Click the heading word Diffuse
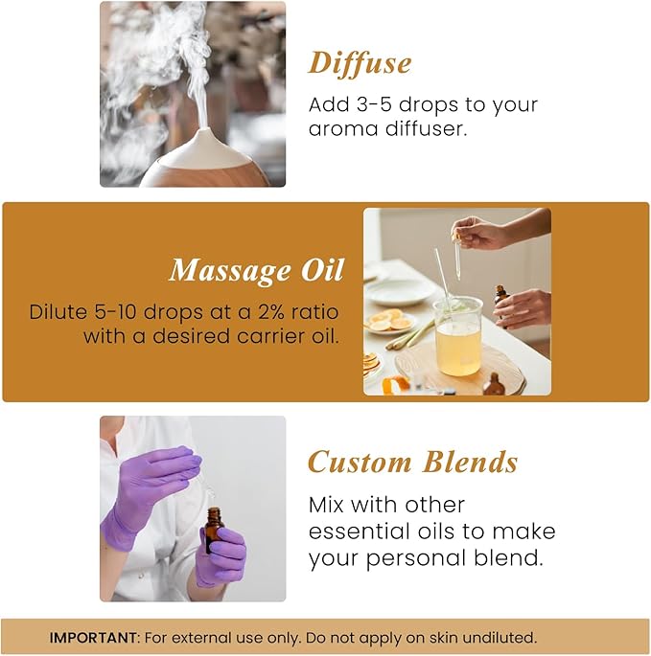[360, 63]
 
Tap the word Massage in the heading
[226, 271]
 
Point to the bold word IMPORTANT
[92, 637]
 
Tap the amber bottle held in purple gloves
[213, 530]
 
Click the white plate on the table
[400, 290]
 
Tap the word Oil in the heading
[321, 271]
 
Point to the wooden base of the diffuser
[203, 174]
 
